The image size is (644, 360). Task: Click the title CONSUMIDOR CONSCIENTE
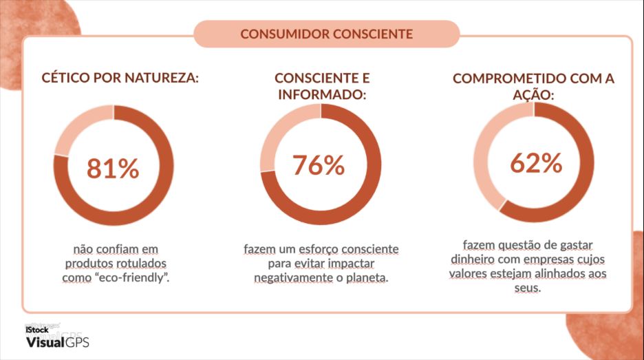[x=327, y=33]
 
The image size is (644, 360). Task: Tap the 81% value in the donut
[x=114, y=168]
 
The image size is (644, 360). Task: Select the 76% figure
[x=319, y=165]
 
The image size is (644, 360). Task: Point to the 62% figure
[x=536, y=163]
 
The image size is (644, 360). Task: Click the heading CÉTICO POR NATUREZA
[x=120, y=78]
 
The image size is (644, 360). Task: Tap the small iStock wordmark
[x=36, y=330]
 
